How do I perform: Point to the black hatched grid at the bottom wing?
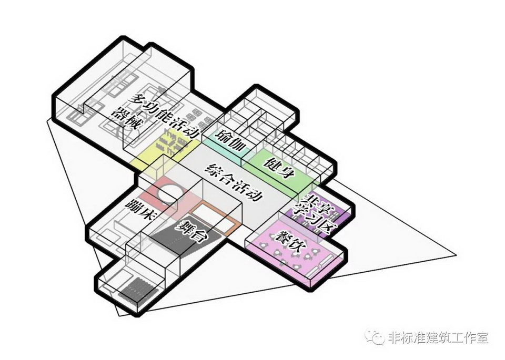click(138, 288)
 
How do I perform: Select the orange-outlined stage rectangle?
click(215, 219)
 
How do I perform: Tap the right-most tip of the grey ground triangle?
click(456, 255)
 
